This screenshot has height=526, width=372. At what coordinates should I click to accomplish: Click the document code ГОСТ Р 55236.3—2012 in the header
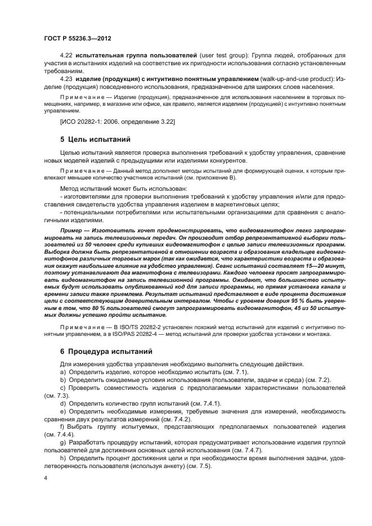[x=77, y=38]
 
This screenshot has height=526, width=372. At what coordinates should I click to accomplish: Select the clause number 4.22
[x=66, y=56]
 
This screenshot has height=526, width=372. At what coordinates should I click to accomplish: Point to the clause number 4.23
[x=66, y=78]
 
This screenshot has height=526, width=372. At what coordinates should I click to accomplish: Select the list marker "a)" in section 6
[x=62, y=372]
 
